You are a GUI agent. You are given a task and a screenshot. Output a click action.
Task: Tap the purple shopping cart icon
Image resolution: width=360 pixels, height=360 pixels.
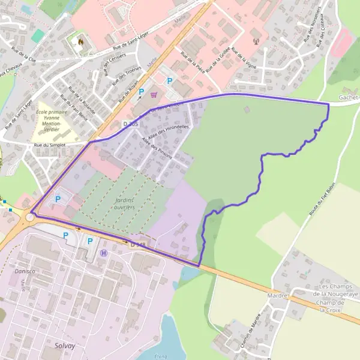[x=154, y=94]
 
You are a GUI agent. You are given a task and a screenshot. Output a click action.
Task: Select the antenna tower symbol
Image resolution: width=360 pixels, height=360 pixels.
[x=254, y=42]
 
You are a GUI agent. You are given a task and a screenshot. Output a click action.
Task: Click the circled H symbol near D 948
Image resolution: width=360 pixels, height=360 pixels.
[x=104, y=253]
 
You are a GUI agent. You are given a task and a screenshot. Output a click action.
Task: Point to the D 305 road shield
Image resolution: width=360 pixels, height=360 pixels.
[x=130, y=124]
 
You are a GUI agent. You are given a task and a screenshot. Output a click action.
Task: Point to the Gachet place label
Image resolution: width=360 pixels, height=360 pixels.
[x=348, y=97]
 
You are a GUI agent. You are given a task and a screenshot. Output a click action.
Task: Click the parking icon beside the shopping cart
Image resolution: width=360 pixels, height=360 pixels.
[x=142, y=92]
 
